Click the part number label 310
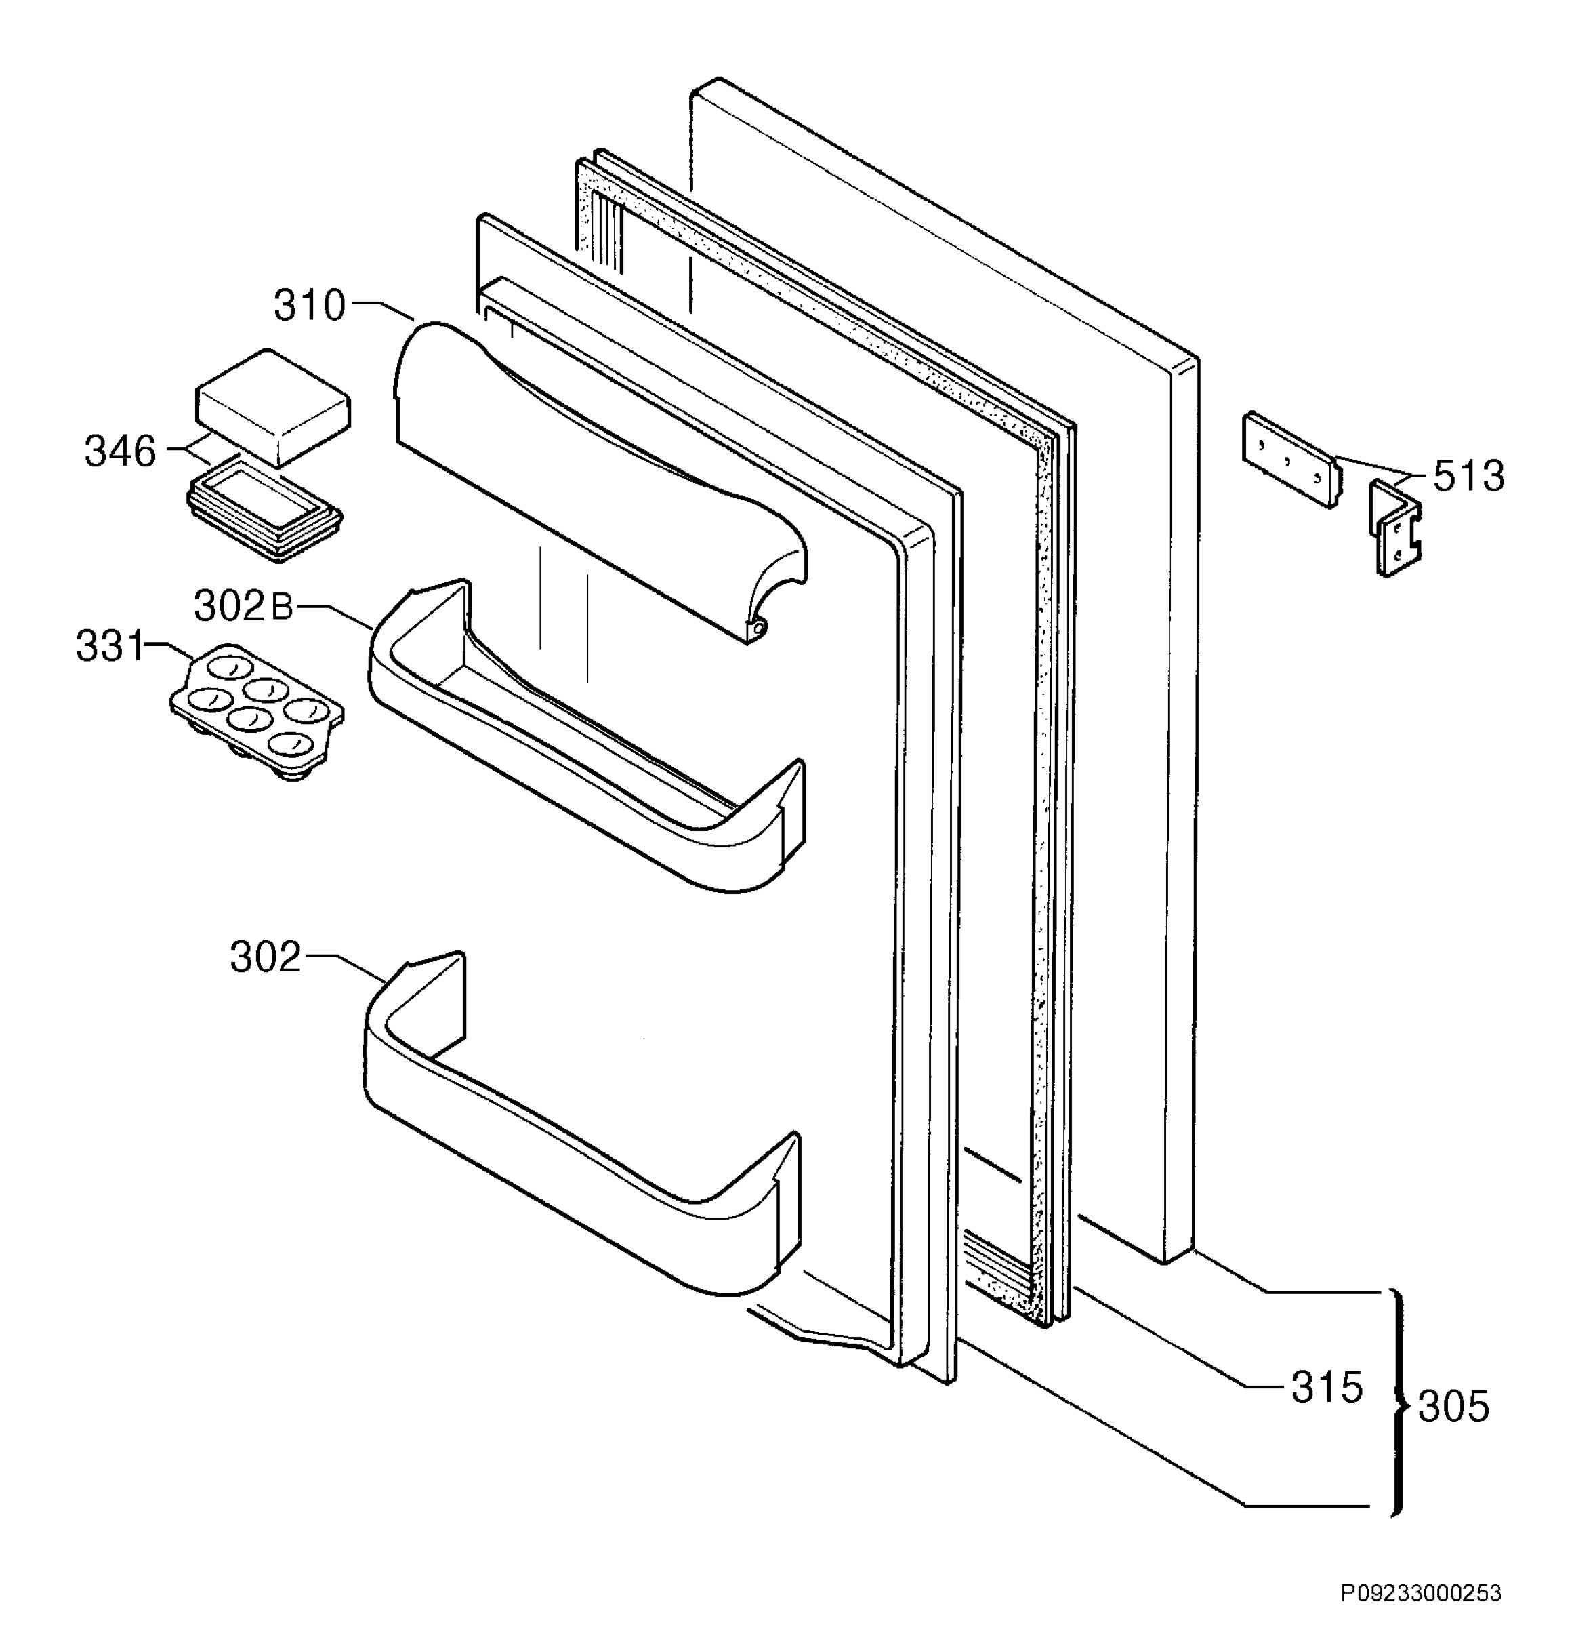(x=309, y=306)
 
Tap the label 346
(x=121, y=451)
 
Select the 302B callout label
(x=243, y=607)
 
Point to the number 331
(x=110, y=647)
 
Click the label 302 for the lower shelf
(x=266, y=957)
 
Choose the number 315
(x=1327, y=1387)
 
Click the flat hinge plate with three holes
(x=1292, y=459)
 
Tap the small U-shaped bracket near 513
(x=1394, y=528)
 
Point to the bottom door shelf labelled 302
(x=581, y=1124)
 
